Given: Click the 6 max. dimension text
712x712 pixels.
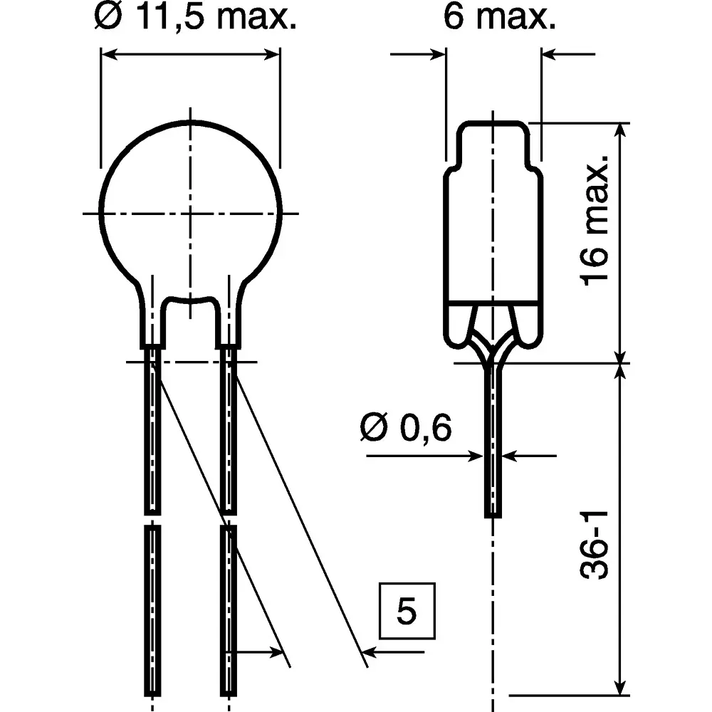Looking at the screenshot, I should [x=498, y=18].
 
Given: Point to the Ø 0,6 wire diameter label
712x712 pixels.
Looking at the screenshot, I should [x=407, y=429].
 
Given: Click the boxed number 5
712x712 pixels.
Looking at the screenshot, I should [x=406, y=612].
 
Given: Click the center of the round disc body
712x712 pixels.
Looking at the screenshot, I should [x=191, y=213].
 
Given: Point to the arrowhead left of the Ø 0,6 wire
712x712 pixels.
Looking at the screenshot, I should [x=476, y=456].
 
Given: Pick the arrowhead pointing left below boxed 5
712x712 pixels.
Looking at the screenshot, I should [x=370, y=651].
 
